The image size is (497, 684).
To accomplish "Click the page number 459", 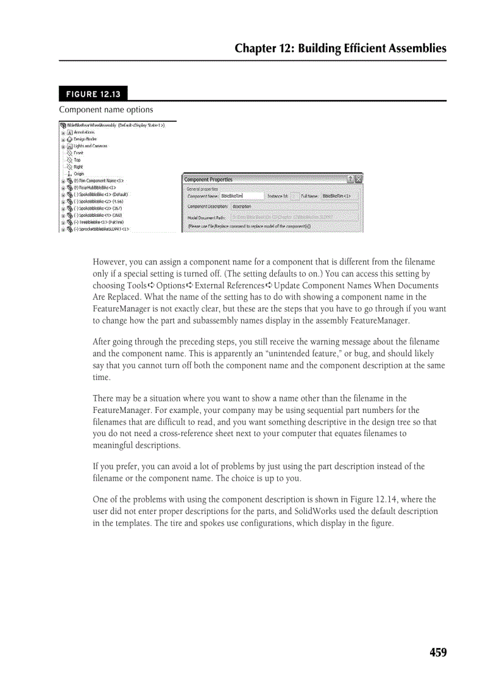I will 437,652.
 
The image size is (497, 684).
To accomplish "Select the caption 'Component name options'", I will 106,110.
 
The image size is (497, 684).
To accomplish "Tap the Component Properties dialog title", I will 208,180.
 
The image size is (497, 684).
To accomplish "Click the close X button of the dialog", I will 358,179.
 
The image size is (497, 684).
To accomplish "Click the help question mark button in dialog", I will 350,179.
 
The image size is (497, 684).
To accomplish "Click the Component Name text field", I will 242,196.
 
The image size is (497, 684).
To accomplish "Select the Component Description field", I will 295,206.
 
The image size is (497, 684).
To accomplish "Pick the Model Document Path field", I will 295,216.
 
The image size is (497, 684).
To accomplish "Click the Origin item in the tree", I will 79,174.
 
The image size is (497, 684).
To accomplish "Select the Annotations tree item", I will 84,132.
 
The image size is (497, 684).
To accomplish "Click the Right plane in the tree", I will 79,167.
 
